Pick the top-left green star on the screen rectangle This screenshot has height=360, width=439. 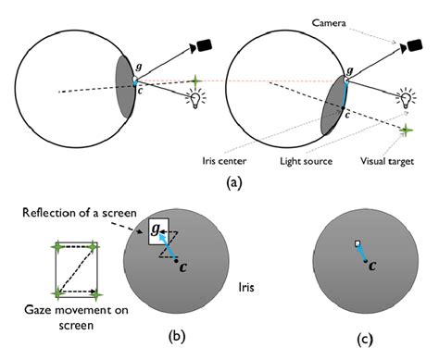pos(56,247)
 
